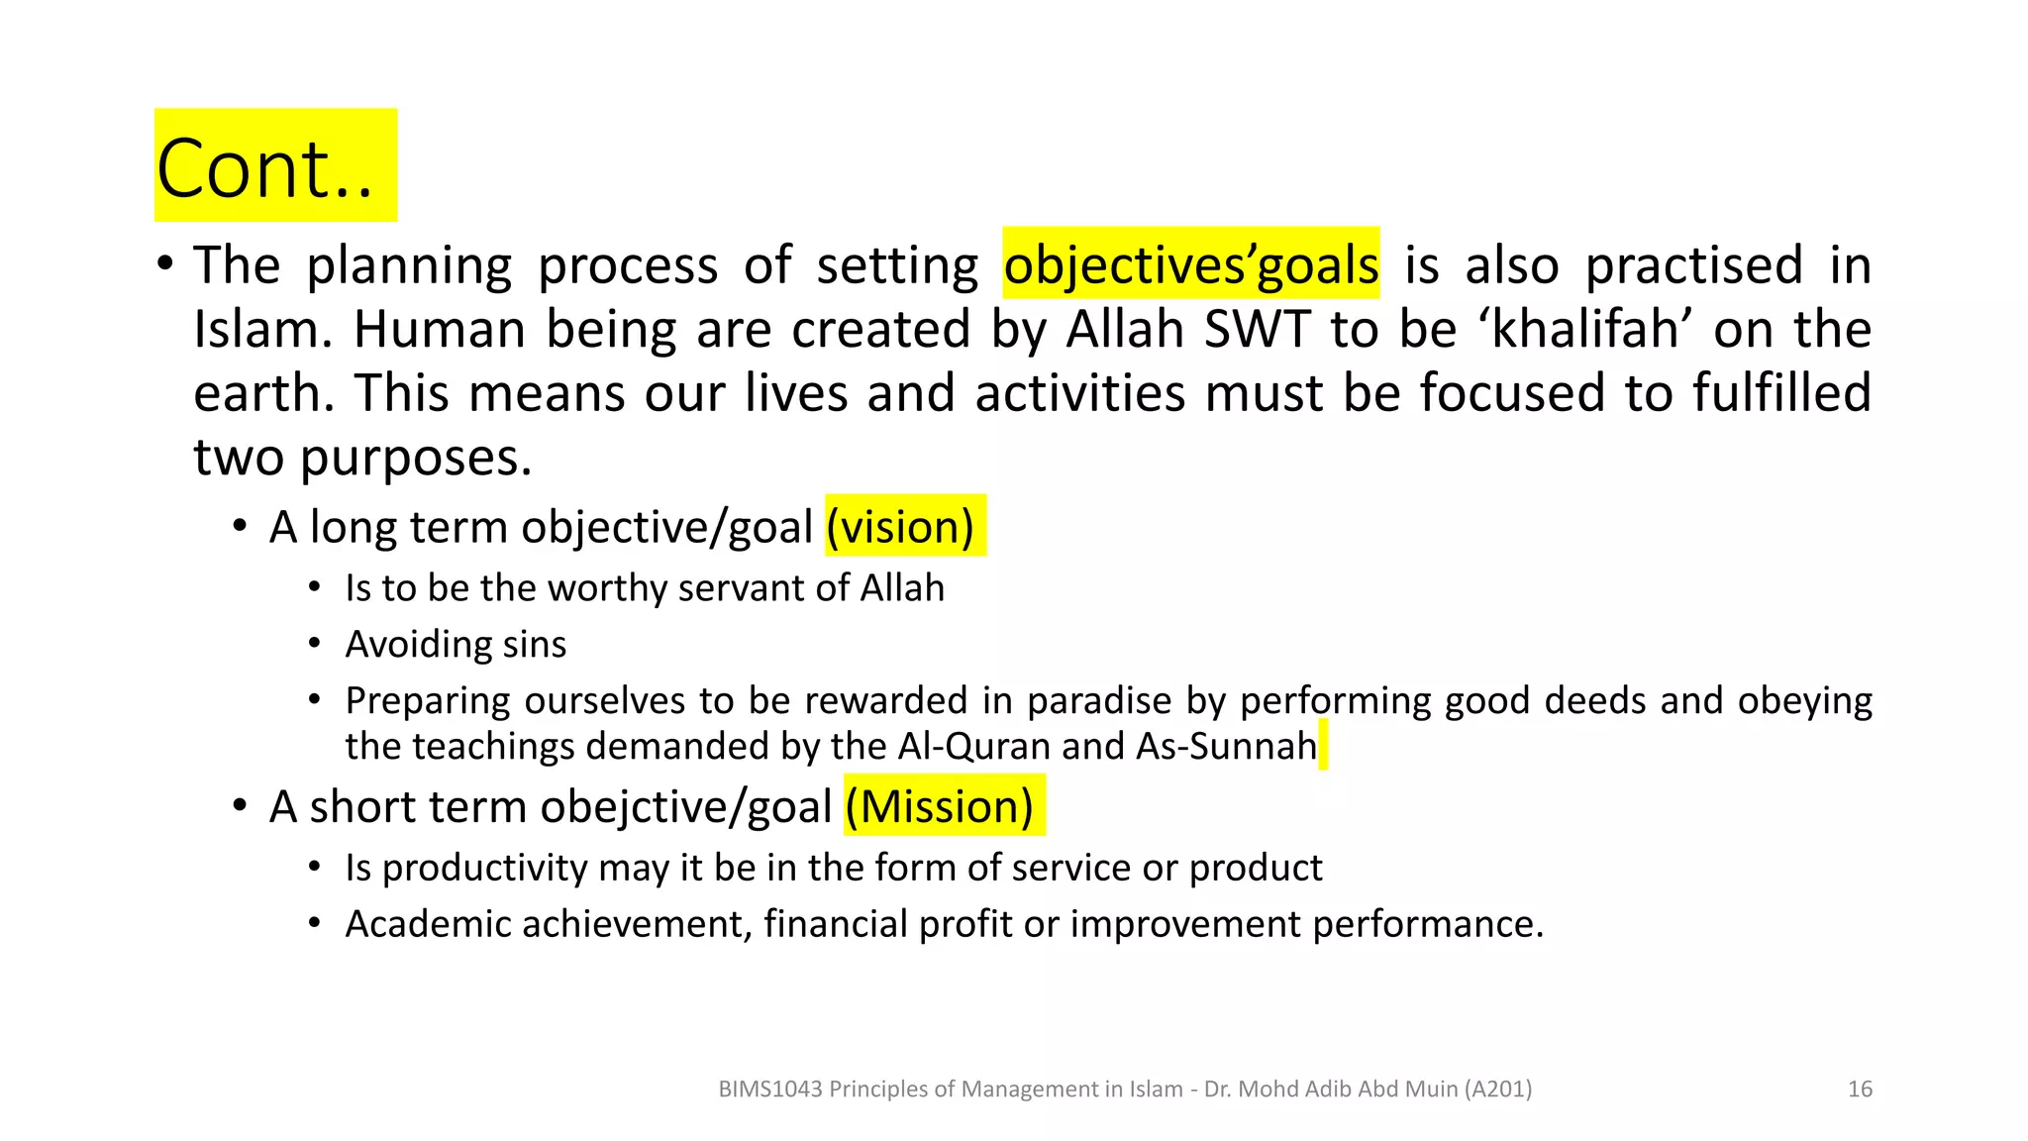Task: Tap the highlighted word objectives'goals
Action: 1190,265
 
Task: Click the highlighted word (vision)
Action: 900,527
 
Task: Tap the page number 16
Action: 1860,1089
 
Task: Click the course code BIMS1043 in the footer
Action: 769,1089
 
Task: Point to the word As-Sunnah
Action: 1227,746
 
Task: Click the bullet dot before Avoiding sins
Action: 314,644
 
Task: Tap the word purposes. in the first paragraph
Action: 416,458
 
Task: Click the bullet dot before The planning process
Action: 165,265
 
